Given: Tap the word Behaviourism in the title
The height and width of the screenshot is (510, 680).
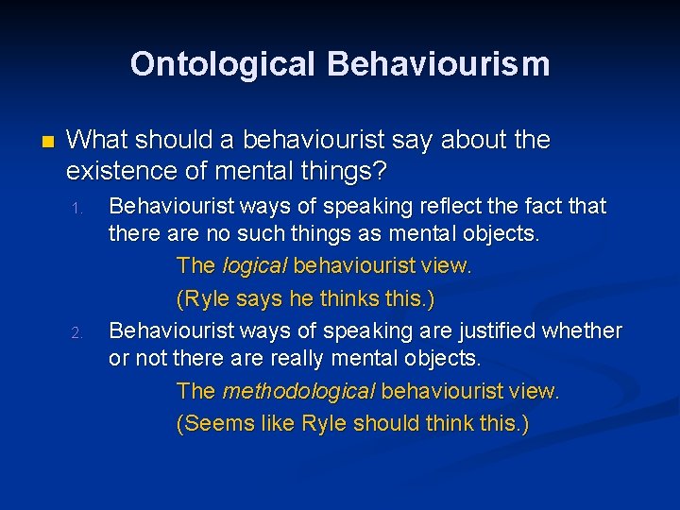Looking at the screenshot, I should (x=438, y=64).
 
